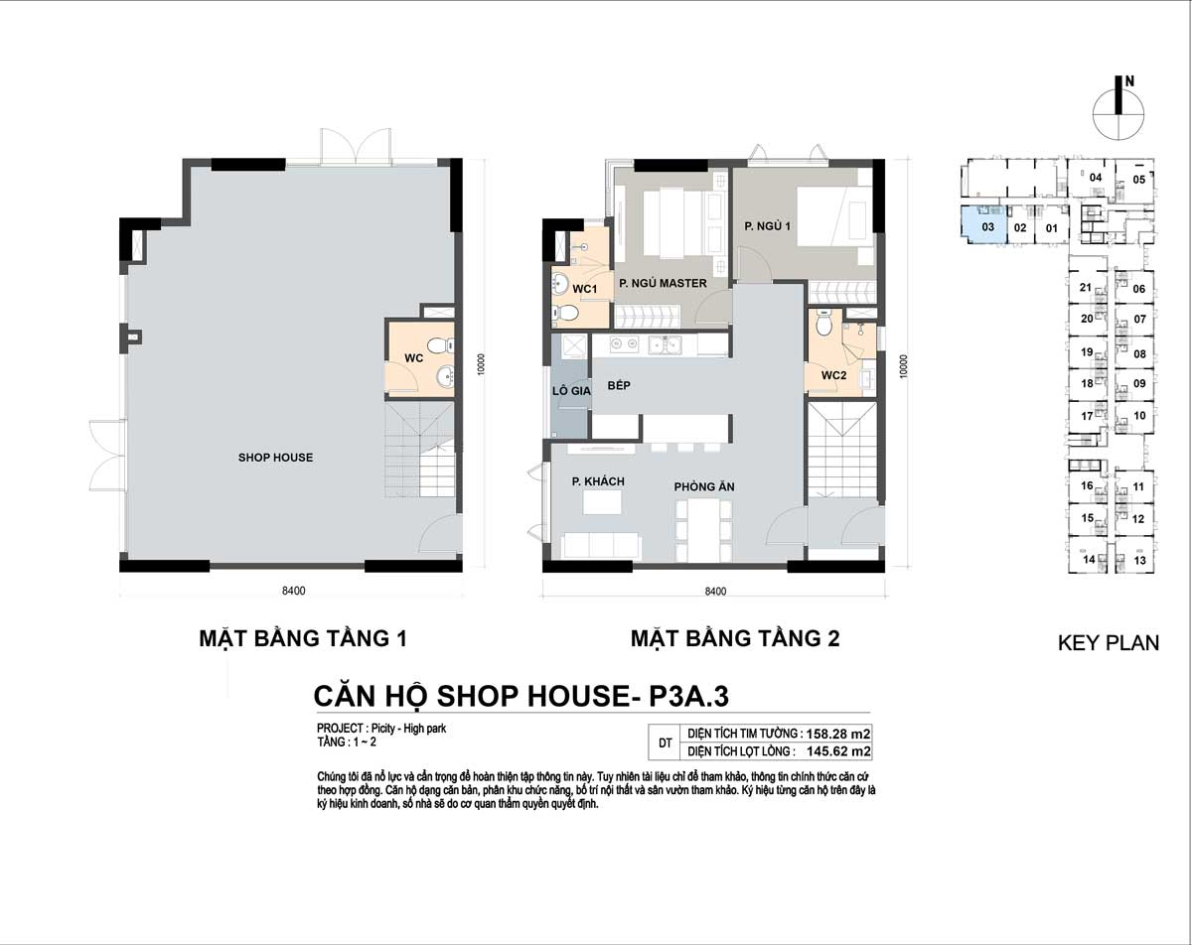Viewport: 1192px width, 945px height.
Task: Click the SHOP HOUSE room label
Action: point(275,458)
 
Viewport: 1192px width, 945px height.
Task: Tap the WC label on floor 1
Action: point(414,358)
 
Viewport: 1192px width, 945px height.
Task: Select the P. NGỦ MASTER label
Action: point(663,283)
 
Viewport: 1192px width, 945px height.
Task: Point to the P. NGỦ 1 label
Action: point(767,226)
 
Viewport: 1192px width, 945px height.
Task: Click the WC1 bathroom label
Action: point(585,289)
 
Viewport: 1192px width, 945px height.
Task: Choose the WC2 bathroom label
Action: point(833,375)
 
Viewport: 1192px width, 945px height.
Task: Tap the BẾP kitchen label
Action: point(619,385)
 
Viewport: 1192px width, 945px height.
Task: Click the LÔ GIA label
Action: point(571,391)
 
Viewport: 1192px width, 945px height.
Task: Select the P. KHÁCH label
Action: point(598,481)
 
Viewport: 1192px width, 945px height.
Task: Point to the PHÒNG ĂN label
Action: point(704,486)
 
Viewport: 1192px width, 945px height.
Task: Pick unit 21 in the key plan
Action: point(1086,287)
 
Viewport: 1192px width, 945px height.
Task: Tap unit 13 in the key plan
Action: point(1139,560)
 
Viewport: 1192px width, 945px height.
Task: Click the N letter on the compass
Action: point(1130,81)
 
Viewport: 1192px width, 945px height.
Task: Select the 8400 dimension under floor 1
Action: point(294,591)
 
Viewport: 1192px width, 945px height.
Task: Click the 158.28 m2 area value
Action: point(838,735)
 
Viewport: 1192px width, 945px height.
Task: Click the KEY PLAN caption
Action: point(1109,642)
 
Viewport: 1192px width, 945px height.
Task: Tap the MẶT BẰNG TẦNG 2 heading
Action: point(735,638)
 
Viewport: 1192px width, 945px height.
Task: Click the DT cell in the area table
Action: point(666,742)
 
